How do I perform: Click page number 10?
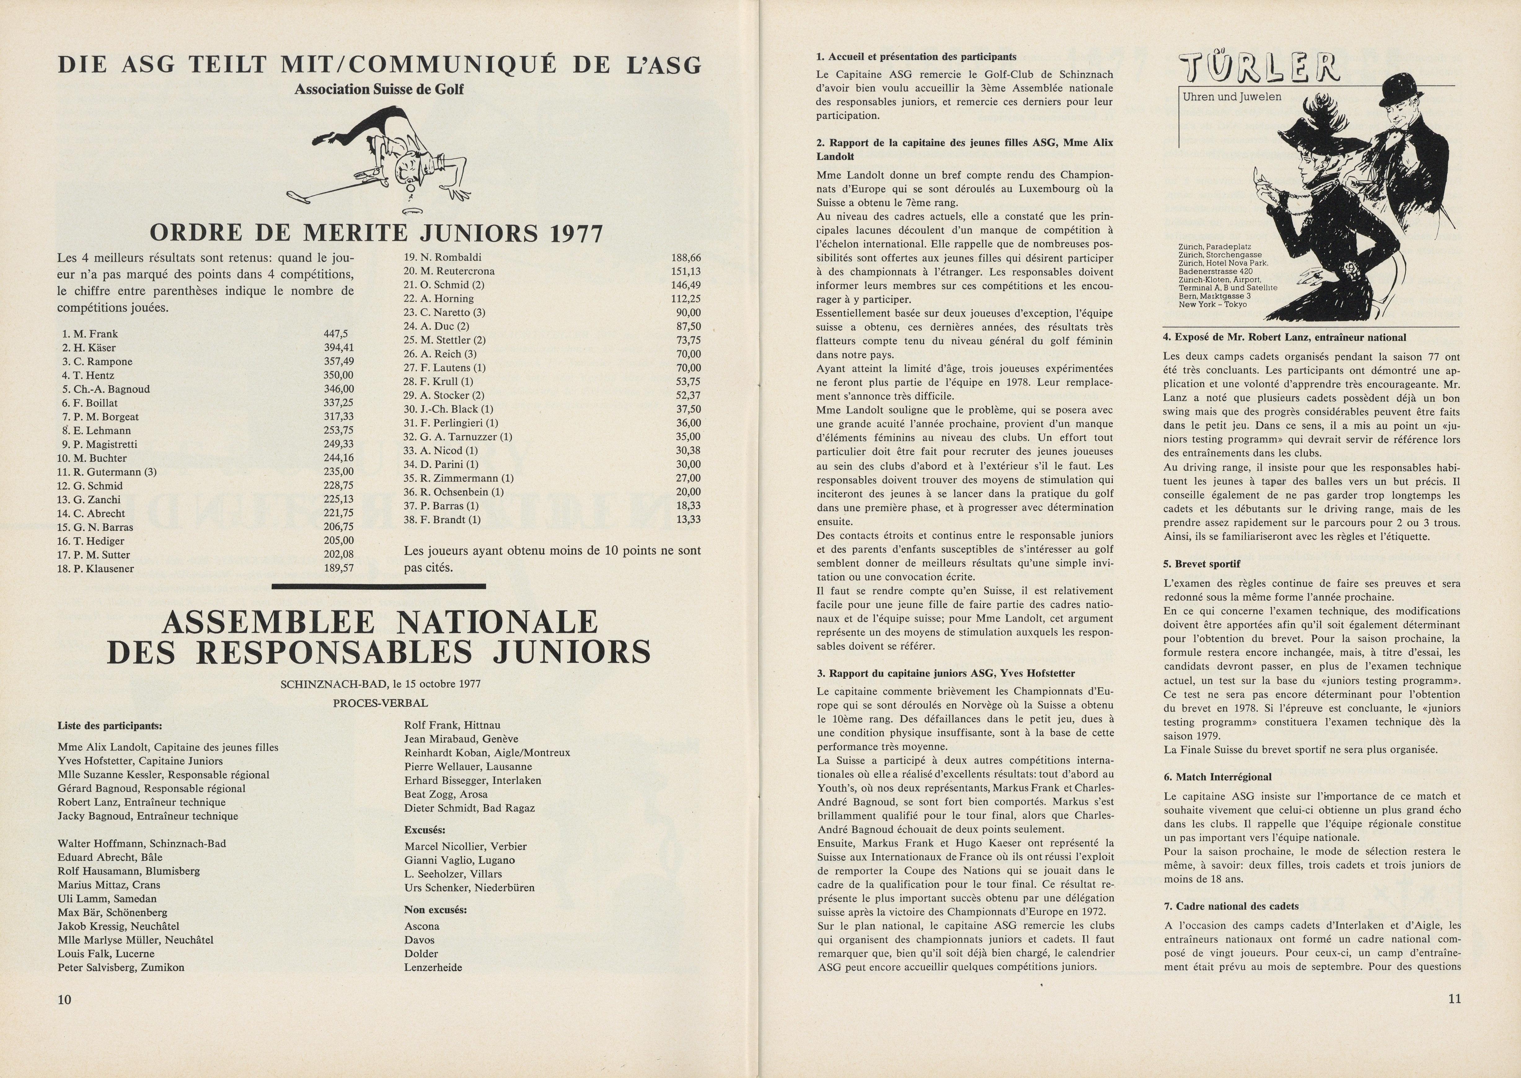click(64, 1000)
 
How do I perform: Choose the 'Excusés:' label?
click(425, 830)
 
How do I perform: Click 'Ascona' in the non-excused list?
click(421, 926)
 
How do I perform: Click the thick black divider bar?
click(379, 585)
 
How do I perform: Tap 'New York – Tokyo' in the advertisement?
click(1204, 305)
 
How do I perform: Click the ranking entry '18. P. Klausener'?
click(95, 569)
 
